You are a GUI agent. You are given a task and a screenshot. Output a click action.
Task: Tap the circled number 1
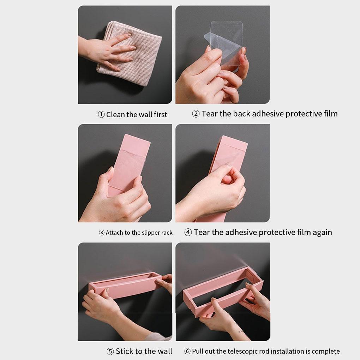coord(101,114)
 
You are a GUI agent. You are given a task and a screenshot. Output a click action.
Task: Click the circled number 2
coord(196,114)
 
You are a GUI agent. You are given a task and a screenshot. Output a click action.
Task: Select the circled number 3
coord(102,233)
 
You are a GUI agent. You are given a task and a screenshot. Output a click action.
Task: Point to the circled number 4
coord(188,232)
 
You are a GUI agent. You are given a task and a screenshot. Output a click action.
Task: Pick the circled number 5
coord(110,351)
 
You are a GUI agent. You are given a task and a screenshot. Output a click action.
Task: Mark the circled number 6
coord(187,351)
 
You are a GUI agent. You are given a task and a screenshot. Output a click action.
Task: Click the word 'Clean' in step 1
coord(115,114)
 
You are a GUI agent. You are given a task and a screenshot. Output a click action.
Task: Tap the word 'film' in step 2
coord(331,113)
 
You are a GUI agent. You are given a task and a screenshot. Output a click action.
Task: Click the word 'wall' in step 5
coord(163,351)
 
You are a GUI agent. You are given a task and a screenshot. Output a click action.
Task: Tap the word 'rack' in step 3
coord(167,233)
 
